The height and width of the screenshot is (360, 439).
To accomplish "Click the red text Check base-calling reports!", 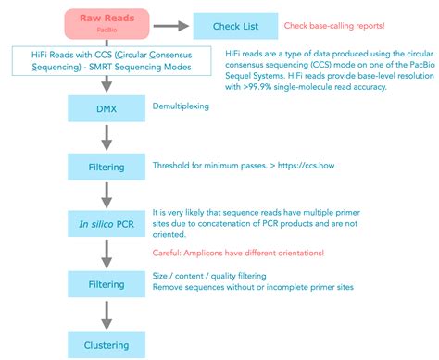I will coord(345,23).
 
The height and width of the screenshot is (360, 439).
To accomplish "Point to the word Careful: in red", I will coord(173,252).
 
